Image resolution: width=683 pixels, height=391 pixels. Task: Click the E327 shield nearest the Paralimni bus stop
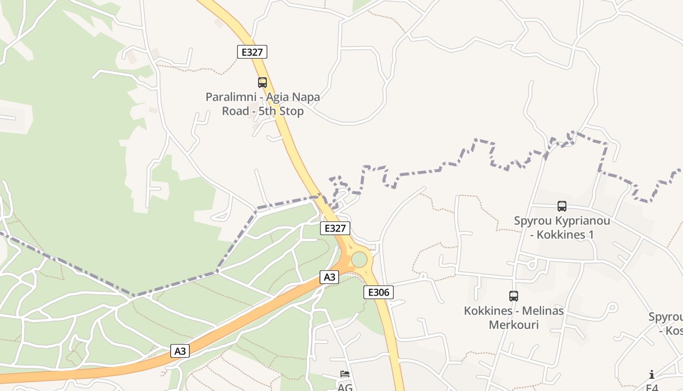tap(252, 52)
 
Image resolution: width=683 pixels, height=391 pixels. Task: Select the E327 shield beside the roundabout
tap(335, 228)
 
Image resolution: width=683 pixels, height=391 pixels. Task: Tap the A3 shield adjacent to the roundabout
tap(330, 277)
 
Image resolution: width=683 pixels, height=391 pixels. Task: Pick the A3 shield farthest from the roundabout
tap(180, 351)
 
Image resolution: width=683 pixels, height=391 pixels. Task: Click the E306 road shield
tap(379, 293)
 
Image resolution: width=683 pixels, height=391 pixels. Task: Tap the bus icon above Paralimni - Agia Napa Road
tap(262, 83)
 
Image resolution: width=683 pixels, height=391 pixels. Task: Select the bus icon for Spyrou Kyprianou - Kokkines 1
tap(562, 206)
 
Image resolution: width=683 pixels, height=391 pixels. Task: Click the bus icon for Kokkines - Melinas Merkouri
tap(514, 296)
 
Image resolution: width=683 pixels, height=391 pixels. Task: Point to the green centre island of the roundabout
tap(360, 260)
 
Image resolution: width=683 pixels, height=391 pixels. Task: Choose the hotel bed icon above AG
tap(345, 374)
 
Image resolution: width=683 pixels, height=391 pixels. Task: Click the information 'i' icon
tap(652, 374)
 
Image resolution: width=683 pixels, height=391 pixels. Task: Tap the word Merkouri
tap(514, 325)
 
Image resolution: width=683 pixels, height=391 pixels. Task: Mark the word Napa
tap(307, 97)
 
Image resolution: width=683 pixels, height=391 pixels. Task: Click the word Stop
tap(291, 111)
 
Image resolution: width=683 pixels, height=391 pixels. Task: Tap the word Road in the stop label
tap(236, 111)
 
